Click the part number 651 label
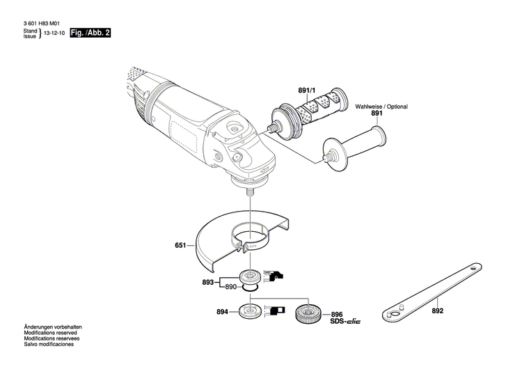pyautogui.click(x=180, y=245)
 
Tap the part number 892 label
pyautogui.click(x=436, y=295)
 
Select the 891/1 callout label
pyautogui.click(x=306, y=92)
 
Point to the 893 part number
pyautogui.click(x=207, y=283)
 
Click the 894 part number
pyautogui.click(x=223, y=312)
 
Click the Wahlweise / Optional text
pyautogui.click(x=381, y=107)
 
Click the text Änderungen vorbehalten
pyautogui.click(x=53, y=327)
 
